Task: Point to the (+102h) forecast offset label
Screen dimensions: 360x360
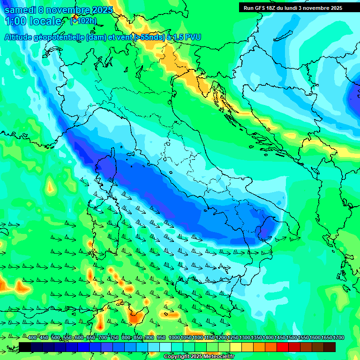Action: coord(83,21)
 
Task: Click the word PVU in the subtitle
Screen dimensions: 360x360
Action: coord(191,37)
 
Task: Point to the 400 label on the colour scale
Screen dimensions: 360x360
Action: coord(32,338)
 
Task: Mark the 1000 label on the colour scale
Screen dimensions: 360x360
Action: coord(174,338)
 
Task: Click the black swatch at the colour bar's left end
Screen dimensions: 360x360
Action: coord(25,346)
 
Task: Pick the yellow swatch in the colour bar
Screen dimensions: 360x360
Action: coord(236,346)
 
